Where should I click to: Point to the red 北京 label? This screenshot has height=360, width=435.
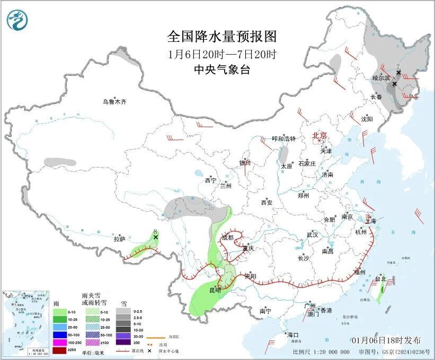pyautogui.click(x=321, y=135)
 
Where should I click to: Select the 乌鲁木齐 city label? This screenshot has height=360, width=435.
pyautogui.click(x=115, y=102)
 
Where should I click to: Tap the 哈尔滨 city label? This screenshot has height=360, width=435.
pyautogui.click(x=380, y=78)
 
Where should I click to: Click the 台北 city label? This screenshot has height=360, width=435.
pyautogui.click(x=380, y=278)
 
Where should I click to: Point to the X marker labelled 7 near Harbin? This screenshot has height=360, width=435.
pyautogui.click(x=398, y=73)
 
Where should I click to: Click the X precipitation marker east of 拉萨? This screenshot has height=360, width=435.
pyautogui.click(x=156, y=237)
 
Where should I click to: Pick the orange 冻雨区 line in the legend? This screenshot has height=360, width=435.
pyautogui.click(x=156, y=337)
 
